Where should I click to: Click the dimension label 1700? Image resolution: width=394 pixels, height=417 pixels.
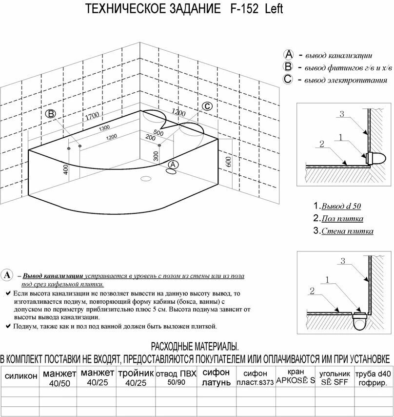(92, 117)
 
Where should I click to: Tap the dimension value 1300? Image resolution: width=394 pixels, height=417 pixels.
(104, 128)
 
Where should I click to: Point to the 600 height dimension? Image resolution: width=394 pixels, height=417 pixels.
(227, 163)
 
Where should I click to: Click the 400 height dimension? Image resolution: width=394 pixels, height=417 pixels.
(66, 169)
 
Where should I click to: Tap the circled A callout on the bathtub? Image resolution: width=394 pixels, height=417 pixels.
(172, 165)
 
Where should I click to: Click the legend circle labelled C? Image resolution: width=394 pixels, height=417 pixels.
(289, 79)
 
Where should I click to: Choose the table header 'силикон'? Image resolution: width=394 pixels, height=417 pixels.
(21, 376)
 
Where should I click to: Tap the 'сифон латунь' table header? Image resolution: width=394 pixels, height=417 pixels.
(216, 377)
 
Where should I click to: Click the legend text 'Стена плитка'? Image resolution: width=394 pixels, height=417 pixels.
(347, 231)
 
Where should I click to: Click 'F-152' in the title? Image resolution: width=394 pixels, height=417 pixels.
(241, 10)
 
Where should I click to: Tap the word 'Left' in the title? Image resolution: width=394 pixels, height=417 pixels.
(273, 10)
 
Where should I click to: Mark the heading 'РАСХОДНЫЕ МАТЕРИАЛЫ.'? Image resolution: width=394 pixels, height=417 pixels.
(195, 348)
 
